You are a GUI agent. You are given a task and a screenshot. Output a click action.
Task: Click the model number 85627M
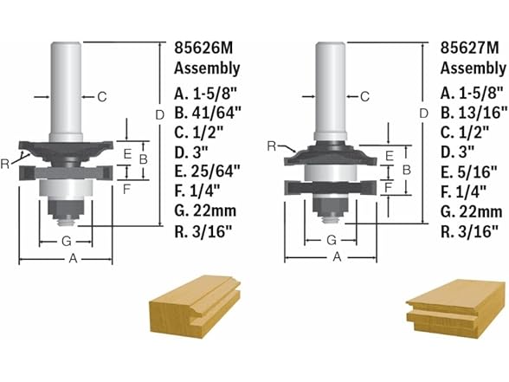(467, 49)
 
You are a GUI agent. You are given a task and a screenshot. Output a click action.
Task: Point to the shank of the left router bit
(66, 87)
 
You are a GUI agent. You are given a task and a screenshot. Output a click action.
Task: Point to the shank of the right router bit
(326, 87)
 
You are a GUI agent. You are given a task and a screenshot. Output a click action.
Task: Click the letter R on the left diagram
(8, 160)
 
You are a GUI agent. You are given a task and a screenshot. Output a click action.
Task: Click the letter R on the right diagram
(272, 147)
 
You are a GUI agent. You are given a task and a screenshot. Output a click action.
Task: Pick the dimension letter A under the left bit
(73, 259)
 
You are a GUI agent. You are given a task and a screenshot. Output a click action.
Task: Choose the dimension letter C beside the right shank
(364, 96)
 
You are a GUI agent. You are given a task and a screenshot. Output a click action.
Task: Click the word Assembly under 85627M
(467, 68)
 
